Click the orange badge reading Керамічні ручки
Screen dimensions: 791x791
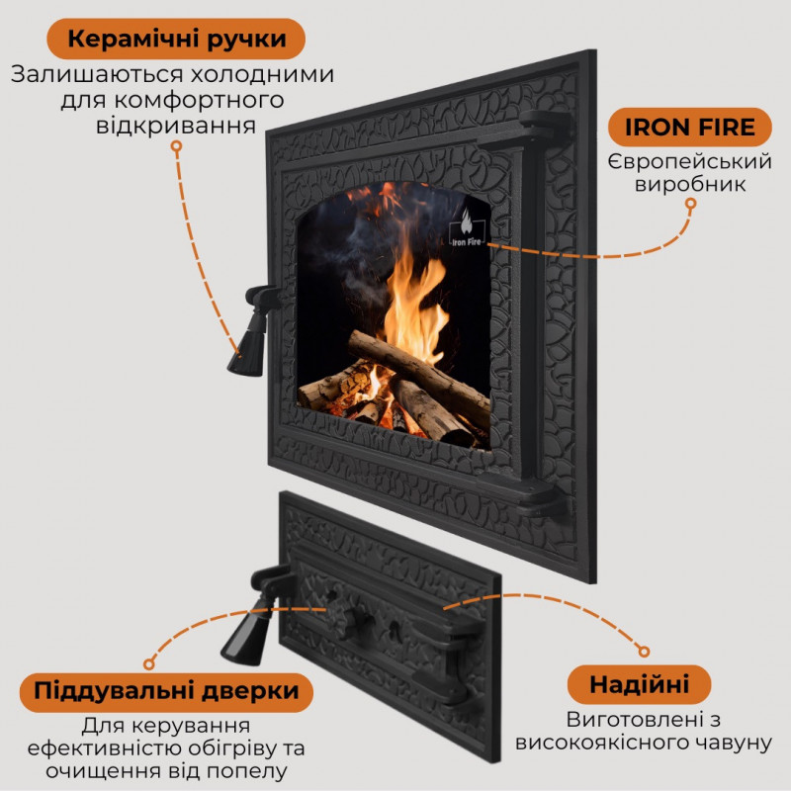click(176, 39)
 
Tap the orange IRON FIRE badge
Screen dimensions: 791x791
click(689, 128)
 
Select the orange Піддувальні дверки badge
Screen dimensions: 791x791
click(166, 691)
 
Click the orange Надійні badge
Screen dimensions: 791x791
click(639, 685)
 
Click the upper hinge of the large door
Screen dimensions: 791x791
click(546, 128)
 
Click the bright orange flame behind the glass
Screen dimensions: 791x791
click(414, 302)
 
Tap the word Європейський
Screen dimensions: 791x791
click(690, 162)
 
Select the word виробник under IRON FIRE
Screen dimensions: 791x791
click(690, 185)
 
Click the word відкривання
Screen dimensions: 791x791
click(176, 127)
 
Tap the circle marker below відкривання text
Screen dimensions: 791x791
click(176, 146)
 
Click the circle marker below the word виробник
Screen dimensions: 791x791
click(690, 204)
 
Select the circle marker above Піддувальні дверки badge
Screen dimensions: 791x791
click(148, 663)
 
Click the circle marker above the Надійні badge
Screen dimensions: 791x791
click(644, 652)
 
